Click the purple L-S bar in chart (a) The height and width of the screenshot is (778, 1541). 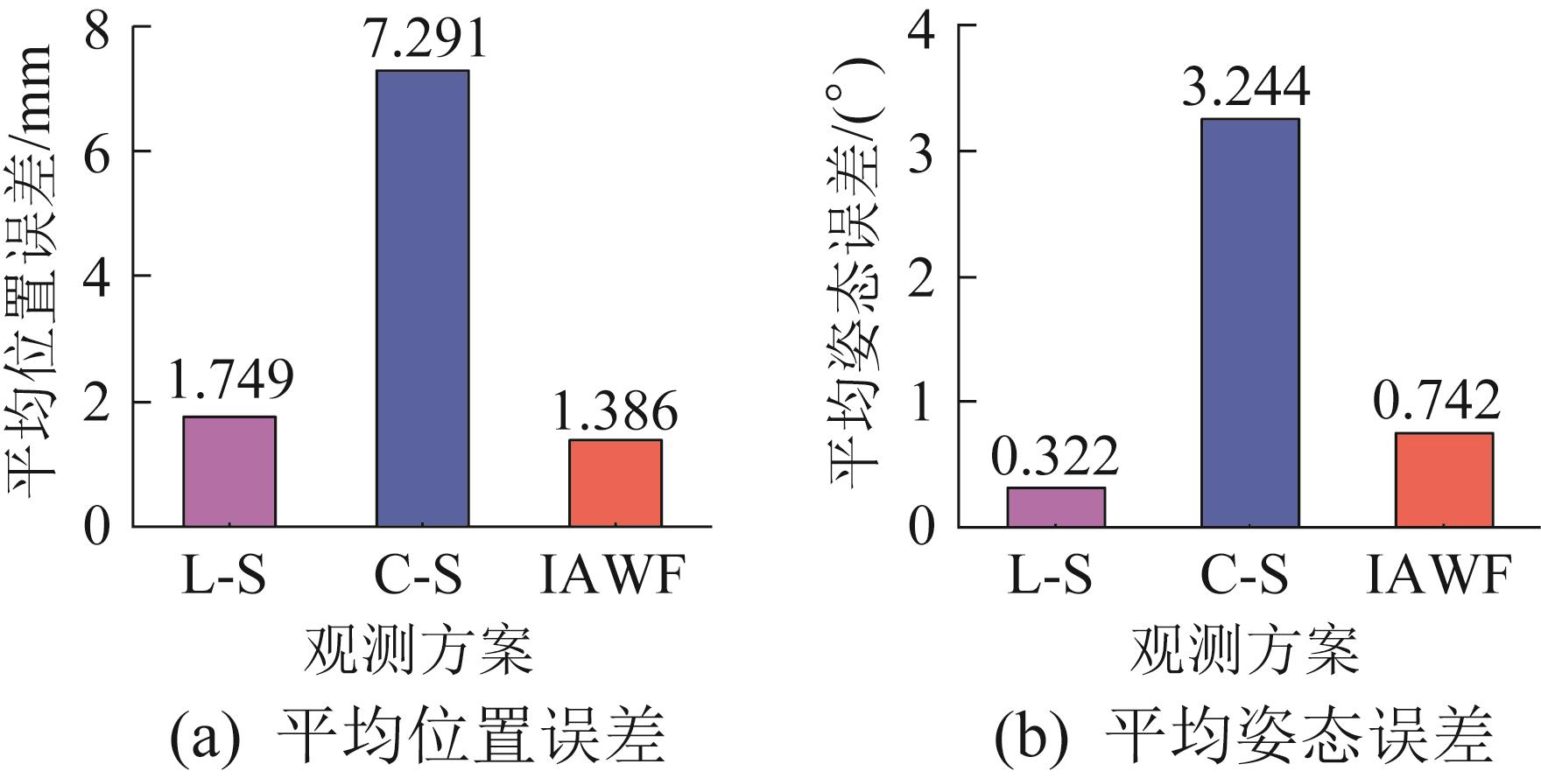click(229, 471)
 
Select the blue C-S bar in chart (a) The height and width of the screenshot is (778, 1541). click(422, 298)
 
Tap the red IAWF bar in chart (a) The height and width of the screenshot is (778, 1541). click(615, 482)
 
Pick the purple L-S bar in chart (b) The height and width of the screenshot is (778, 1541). click(1056, 507)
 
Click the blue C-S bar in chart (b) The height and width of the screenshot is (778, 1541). click(1249, 322)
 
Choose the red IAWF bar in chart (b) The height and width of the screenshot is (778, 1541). click(1443, 480)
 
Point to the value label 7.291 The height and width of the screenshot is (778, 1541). click(422, 39)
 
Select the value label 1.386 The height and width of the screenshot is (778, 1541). click(615, 410)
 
